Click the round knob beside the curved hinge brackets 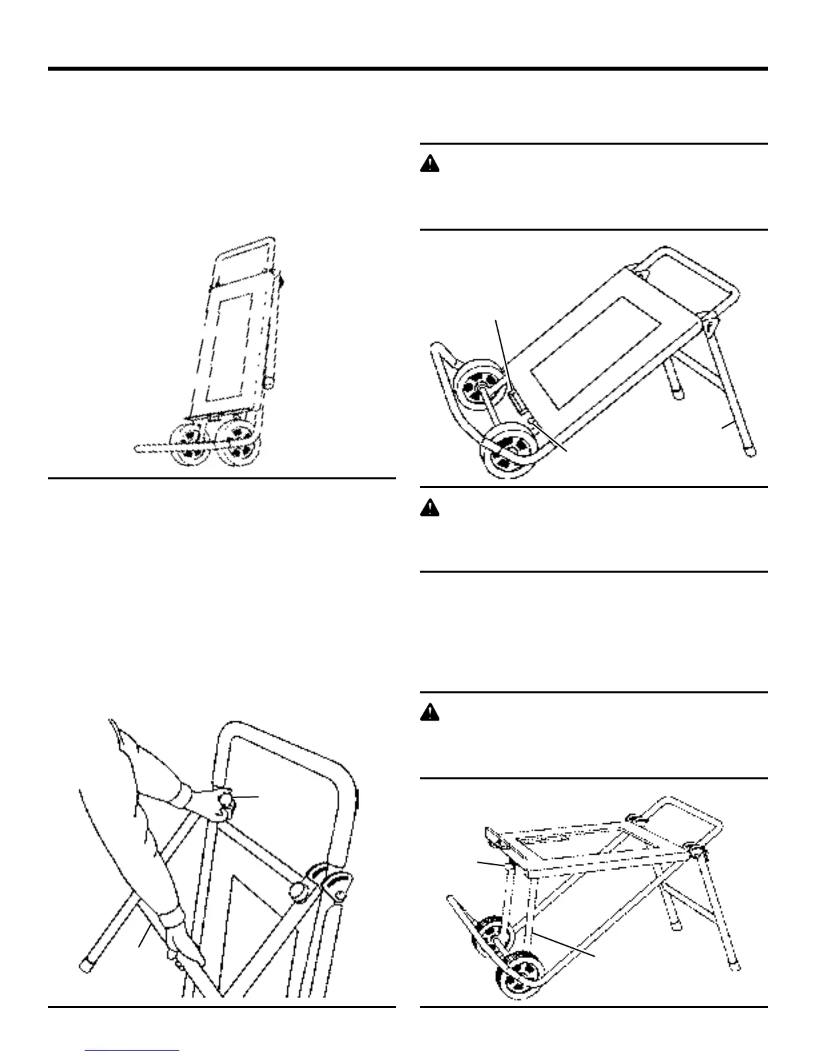click(296, 890)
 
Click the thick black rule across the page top click(408, 69)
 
